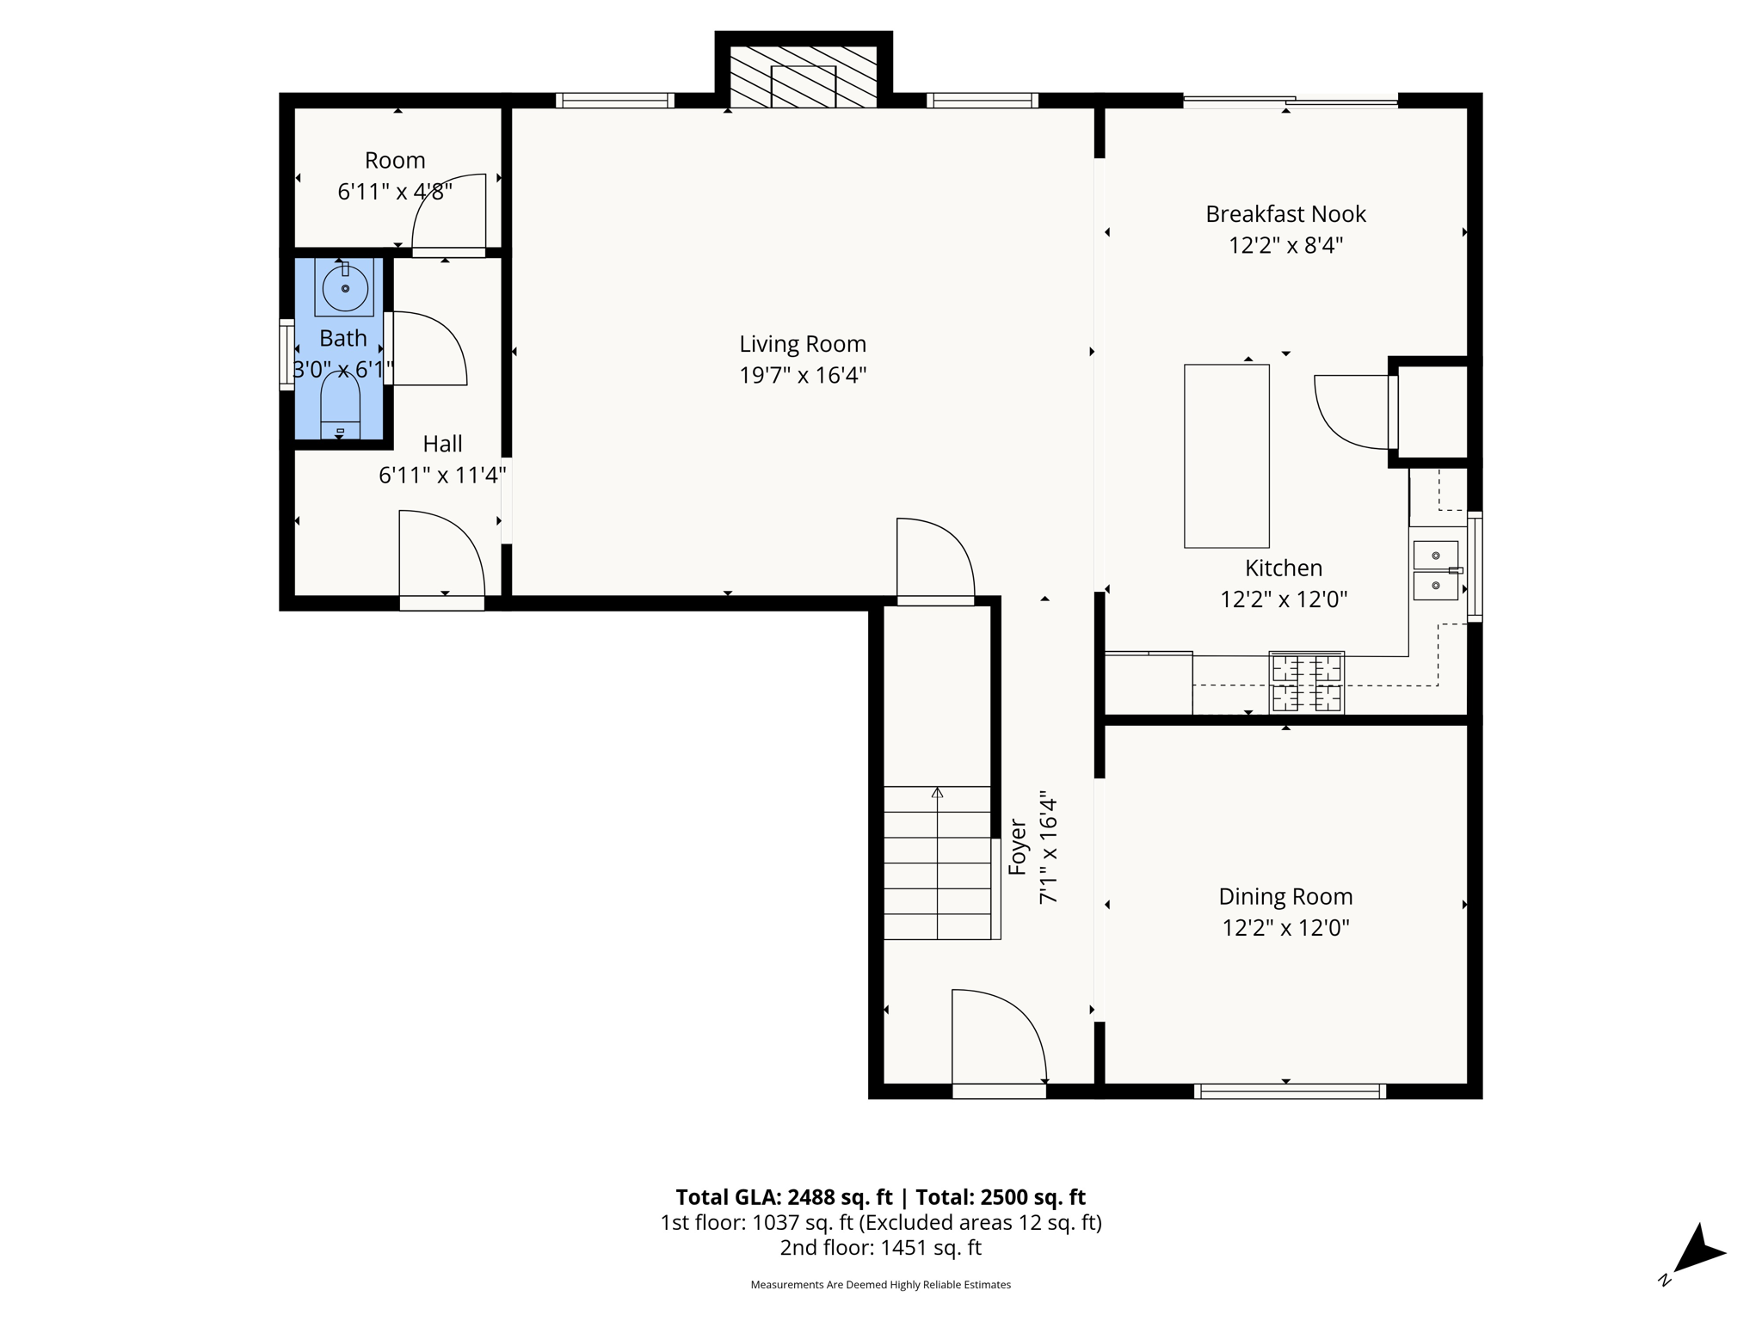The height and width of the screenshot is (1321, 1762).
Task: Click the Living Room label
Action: [802, 344]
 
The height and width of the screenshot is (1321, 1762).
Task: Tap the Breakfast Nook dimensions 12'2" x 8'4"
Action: [1285, 246]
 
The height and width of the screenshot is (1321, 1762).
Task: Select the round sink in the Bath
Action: [344, 288]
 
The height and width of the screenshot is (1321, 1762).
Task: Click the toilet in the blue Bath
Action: [340, 409]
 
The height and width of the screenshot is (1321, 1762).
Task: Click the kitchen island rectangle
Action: [1226, 456]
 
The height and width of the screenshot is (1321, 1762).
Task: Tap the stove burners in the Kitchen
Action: [1306, 683]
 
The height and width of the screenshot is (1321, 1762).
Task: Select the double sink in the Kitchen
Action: [1435, 570]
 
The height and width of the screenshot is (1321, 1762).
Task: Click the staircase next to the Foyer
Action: [938, 863]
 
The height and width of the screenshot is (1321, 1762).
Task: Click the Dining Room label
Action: [1285, 897]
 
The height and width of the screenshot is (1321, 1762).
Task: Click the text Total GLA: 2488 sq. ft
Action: [784, 1197]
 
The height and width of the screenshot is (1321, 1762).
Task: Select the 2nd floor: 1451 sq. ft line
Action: [880, 1248]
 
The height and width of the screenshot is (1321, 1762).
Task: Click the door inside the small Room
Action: [449, 213]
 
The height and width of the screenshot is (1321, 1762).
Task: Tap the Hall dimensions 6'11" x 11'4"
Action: [442, 475]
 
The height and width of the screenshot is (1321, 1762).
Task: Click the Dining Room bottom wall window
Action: [1290, 1091]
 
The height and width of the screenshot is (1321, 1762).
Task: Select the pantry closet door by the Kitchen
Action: [1352, 413]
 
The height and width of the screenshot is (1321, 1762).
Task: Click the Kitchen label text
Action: [1283, 568]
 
